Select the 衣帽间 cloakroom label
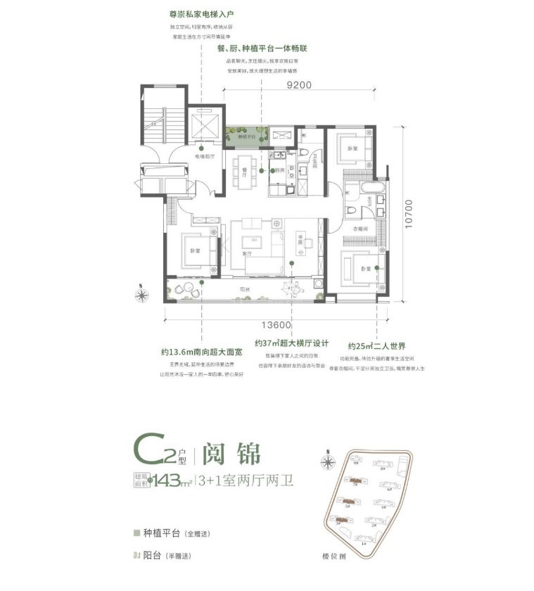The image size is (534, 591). point(353,229)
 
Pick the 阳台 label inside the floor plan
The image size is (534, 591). point(244,289)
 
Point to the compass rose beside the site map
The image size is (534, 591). point(327,462)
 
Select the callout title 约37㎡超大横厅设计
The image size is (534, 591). point(293,344)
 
